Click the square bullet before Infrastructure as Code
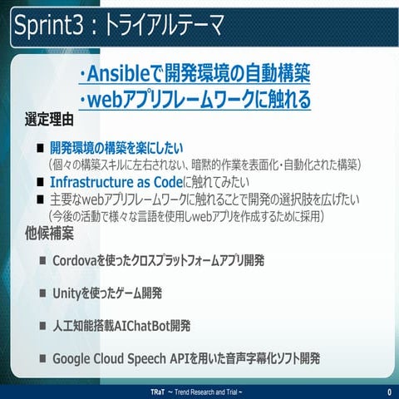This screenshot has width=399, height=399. point(39,181)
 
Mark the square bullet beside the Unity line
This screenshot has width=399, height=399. point(42,293)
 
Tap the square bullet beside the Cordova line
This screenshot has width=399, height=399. point(42,261)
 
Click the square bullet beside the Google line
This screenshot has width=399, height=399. point(42,358)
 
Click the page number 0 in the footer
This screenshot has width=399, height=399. point(388,392)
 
